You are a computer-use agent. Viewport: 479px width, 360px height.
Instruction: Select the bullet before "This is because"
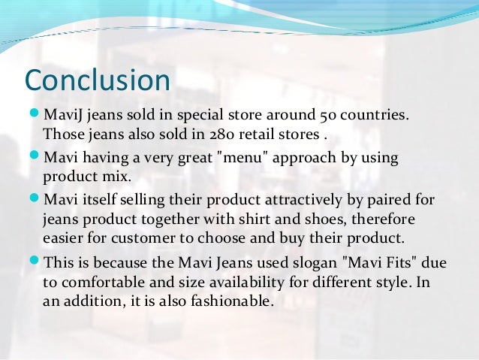point(33,264)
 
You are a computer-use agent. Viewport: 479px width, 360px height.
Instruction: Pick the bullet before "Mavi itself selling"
point(33,201)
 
